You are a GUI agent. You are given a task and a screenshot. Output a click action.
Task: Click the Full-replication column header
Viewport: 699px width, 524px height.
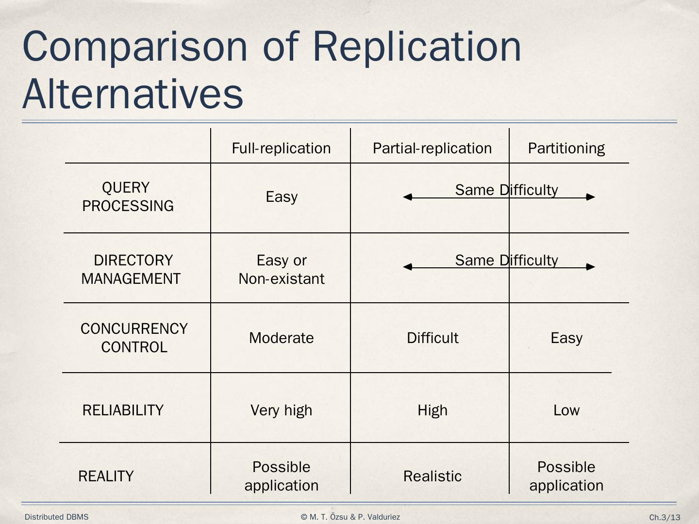click(x=281, y=148)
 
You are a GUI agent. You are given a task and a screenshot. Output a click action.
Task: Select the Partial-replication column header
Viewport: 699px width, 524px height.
click(x=432, y=148)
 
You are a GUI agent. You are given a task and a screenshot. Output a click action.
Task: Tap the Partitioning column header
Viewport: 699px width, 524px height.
click(x=566, y=148)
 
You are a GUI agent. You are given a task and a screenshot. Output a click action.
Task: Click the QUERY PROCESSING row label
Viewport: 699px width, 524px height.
click(x=128, y=196)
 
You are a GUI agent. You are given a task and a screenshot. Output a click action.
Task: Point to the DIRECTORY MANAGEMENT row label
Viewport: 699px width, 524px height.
click(x=131, y=269)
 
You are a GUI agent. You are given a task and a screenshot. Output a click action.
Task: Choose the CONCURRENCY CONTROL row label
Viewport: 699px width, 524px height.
click(x=134, y=338)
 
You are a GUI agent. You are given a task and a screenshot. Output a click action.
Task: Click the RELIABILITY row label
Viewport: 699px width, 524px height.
click(x=123, y=410)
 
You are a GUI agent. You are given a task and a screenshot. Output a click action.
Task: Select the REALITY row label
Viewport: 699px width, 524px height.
click(x=106, y=476)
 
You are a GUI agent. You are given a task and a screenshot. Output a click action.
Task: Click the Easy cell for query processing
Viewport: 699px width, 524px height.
click(x=282, y=196)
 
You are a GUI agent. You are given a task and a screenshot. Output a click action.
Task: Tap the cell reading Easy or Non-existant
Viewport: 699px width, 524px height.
click(x=282, y=269)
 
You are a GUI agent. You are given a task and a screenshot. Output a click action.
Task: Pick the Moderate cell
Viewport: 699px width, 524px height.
click(x=282, y=338)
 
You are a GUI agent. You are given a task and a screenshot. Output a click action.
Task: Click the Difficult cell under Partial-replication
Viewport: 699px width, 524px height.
click(x=433, y=338)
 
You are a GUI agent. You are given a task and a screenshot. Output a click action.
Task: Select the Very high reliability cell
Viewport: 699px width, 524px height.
click(x=282, y=410)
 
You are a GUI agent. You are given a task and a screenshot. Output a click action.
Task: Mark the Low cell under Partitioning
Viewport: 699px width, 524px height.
click(x=566, y=410)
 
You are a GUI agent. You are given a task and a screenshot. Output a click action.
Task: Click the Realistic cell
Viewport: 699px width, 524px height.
click(x=433, y=476)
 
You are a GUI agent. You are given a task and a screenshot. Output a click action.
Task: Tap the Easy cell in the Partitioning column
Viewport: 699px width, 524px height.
click(x=566, y=338)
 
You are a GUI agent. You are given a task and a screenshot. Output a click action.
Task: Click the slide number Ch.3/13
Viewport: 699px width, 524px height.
click(x=665, y=517)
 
